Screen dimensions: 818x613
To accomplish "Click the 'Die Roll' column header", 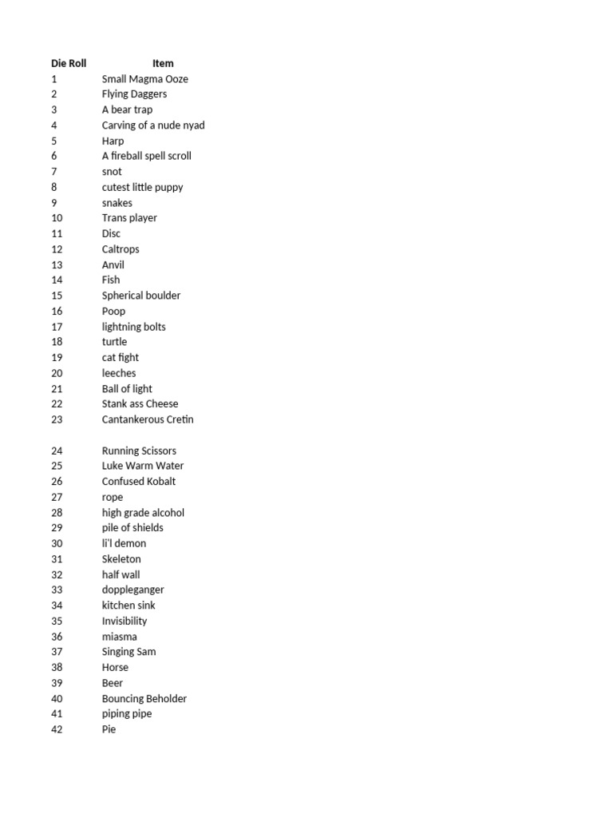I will click(x=69, y=63).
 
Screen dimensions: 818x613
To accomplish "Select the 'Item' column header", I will click(x=163, y=63).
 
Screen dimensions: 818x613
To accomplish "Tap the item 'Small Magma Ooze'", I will click(x=144, y=79).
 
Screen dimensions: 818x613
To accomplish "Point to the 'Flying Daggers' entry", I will click(x=134, y=94).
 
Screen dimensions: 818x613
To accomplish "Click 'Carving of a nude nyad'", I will click(x=153, y=125).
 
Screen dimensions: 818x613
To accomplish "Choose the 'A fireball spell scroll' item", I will click(x=146, y=157).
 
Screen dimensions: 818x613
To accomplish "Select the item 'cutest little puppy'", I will click(x=142, y=188).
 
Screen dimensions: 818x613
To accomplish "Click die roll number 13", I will click(x=57, y=265).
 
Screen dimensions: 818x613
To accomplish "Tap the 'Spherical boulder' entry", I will click(x=140, y=296).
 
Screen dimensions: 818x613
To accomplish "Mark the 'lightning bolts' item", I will click(x=133, y=327).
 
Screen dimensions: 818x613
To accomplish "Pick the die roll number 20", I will click(x=57, y=373).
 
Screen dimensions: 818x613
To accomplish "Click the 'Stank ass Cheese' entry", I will click(x=140, y=404).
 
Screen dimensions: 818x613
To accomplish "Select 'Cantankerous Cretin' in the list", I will click(x=148, y=419).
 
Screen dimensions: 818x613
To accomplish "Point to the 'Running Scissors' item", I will click(x=139, y=451).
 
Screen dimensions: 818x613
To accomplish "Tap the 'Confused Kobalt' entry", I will click(x=139, y=482).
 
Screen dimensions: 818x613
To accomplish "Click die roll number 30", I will click(x=57, y=543).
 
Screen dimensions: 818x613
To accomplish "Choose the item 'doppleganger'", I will click(x=132, y=590).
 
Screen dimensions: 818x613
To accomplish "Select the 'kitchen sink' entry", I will click(x=129, y=606).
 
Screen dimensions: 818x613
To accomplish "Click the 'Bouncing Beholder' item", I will click(x=144, y=699).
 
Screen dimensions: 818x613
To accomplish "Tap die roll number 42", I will click(x=57, y=729).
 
